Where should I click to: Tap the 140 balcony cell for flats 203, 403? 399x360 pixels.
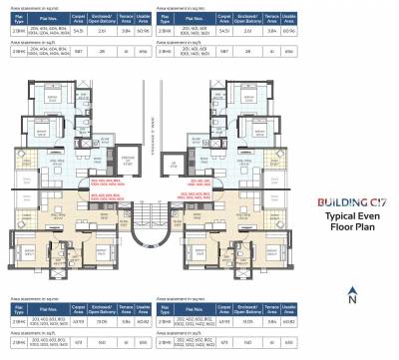[129, 340]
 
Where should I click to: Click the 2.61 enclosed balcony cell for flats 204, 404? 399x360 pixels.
[129, 31]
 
